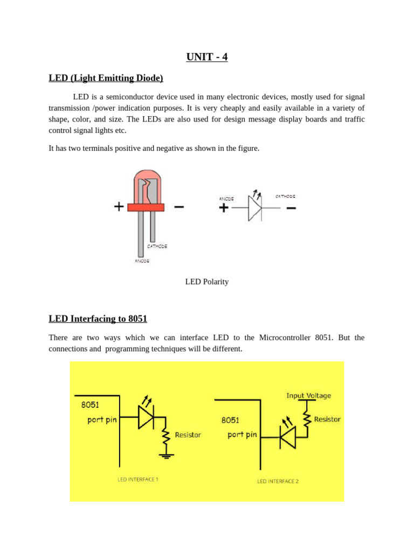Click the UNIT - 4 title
(207, 57)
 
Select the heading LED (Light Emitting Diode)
(106, 78)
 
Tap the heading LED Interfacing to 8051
(98, 319)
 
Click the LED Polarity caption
(207, 281)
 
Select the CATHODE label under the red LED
(157, 246)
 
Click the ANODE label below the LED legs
(142, 261)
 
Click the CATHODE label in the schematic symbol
(285, 197)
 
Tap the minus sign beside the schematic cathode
(291, 208)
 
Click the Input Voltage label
(308, 395)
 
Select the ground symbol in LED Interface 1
(166, 455)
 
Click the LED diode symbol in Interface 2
(288, 436)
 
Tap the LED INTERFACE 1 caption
(138, 479)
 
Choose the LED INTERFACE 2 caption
(278, 481)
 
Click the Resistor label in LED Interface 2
(327, 419)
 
